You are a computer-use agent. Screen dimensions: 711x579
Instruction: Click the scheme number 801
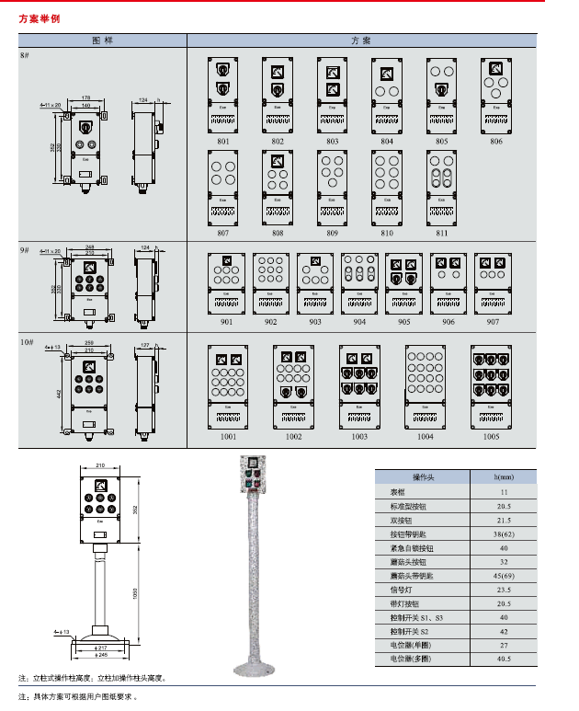[223, 142]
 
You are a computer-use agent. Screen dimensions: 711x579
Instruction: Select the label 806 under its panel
[496, 142]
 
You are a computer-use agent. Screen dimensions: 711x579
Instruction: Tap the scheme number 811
[442, 233]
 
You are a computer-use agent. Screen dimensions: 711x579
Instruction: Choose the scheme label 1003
[358, 437]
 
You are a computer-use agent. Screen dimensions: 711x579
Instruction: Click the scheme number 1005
[492, 437]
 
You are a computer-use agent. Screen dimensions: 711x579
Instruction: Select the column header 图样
[102, 41]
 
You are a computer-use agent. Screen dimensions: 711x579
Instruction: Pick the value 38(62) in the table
[505, 533]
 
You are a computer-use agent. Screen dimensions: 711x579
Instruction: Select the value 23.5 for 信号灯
[505, 590]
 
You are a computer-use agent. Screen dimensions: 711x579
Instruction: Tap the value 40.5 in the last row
[505, 659]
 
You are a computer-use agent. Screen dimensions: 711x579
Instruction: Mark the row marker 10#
[28, 342]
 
